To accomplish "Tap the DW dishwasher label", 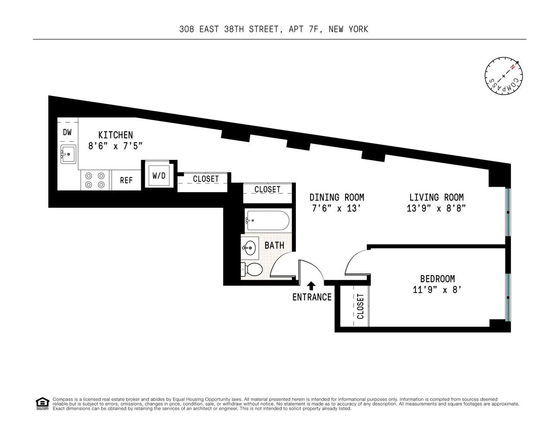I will click(67, 133).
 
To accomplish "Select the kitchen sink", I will click(68, 154).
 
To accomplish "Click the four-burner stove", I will click(95, 180).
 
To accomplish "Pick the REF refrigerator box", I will click(126, 180).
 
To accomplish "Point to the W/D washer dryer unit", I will click(159, 176).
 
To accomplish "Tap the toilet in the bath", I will click(251, 270).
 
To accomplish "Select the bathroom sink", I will click(249, 248).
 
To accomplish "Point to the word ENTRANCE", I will click(312, 297).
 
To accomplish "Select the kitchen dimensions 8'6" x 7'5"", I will click(115, 146).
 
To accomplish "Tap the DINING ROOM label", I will click(337, 197).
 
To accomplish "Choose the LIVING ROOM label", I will click(436, 197).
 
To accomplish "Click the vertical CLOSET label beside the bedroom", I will click(360, 306).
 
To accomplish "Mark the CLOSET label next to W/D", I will click(206, 179).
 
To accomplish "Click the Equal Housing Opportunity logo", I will click(42, 403).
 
